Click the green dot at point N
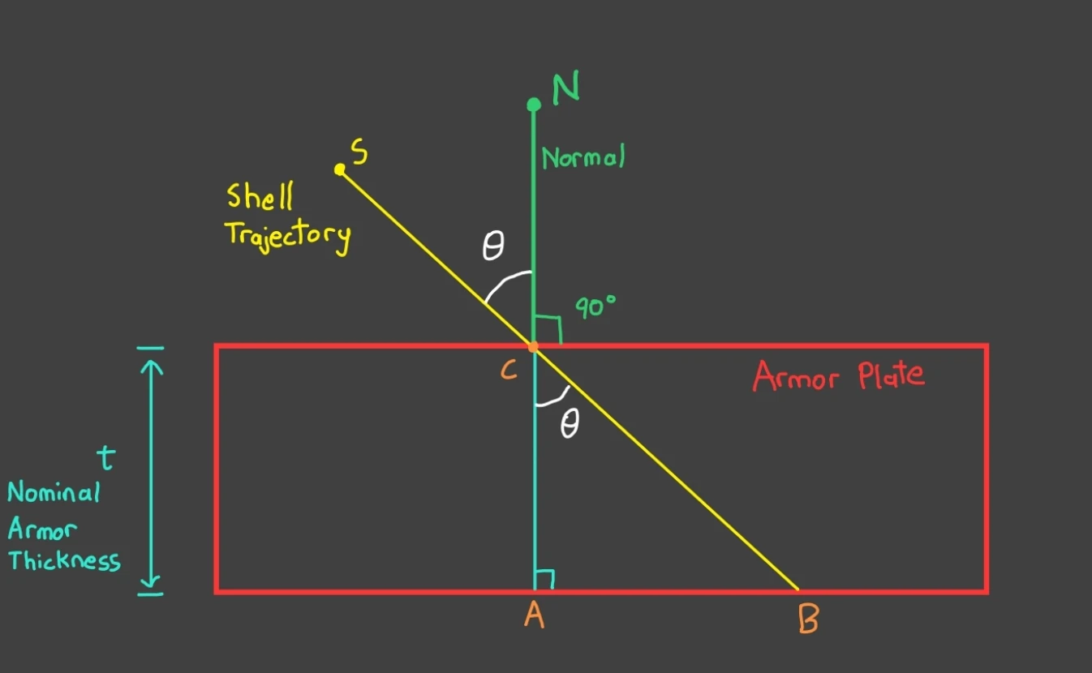coord(533,104)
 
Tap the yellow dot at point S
coord(340,169)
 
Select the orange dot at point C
coord(533,347)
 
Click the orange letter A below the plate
coord(533,616)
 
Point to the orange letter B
coord(808,620)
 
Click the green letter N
coord(565,88)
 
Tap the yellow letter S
coord(360,151)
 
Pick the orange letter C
coord(509,371)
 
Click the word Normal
coord(583,156)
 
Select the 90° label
coord(596,307)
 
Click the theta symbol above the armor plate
coord(492,246)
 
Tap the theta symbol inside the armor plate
coord(570,425)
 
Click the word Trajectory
coord(288,235)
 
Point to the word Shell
coord(260,197)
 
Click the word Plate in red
coord(891,375)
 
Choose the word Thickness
coord(65,560)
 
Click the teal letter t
coord(105,459)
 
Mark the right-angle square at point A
coord(545,579)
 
